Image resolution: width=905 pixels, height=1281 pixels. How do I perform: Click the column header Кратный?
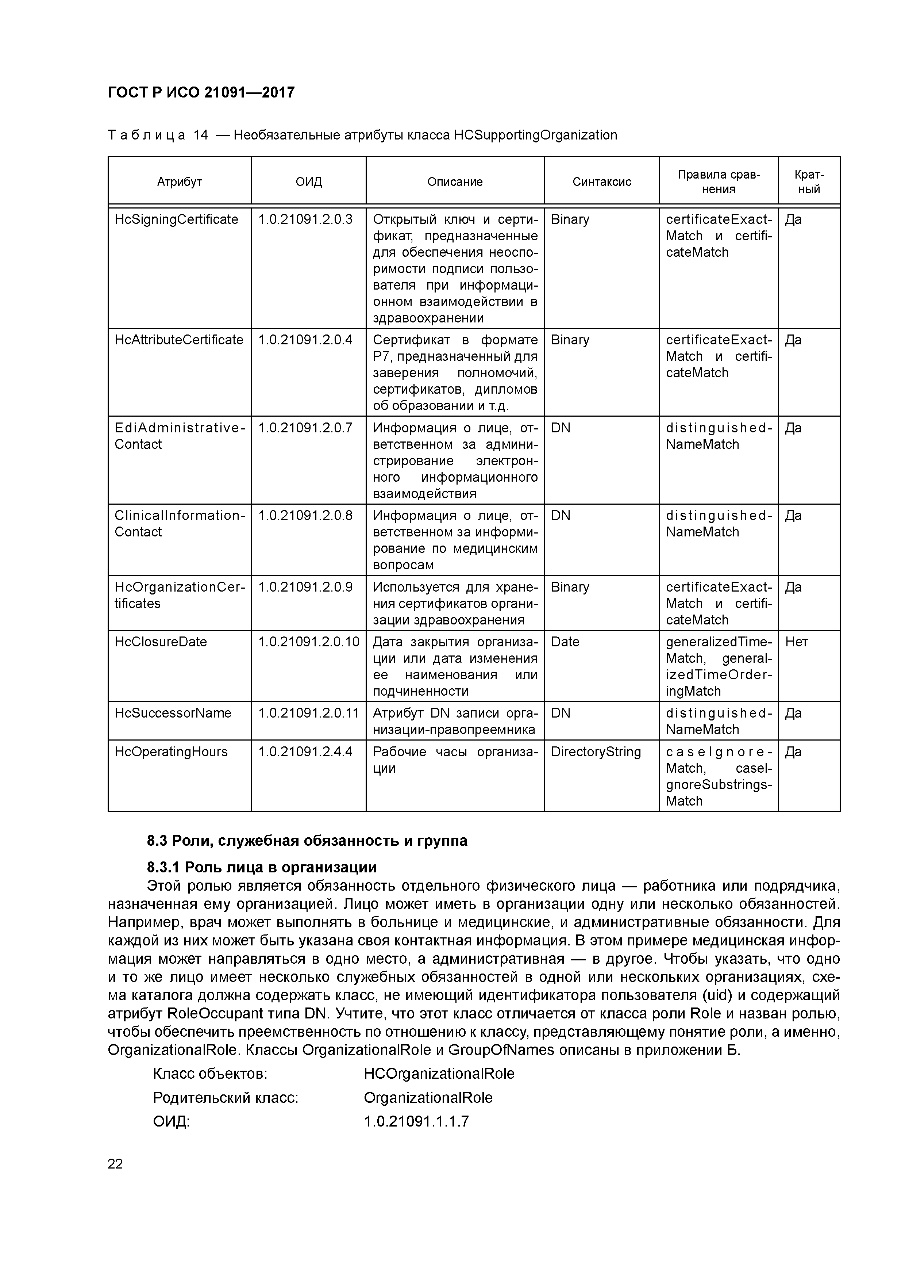pos(809,182)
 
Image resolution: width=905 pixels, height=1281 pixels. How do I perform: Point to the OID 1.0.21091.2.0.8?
pos(305,516)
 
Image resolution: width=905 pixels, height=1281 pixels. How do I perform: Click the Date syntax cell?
pos(565,642)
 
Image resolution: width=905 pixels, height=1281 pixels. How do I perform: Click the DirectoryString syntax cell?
pos(596,752)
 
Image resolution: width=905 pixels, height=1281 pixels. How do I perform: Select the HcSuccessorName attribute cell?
pos(173,714)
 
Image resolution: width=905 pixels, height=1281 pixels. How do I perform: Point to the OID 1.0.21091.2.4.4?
pos(305,752)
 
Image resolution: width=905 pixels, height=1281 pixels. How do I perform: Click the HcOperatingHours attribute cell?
pos(171,752)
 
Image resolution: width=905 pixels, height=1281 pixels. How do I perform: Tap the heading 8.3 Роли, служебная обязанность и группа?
pos(307,841)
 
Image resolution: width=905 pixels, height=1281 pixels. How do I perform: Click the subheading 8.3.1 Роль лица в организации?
pos(262,868)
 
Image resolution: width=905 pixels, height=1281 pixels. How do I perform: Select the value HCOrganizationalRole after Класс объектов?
pos(439,1074)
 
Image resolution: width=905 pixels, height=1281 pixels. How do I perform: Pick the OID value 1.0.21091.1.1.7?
pos(416,1121)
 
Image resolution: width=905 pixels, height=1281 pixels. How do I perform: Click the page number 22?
pos(115,1164)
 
